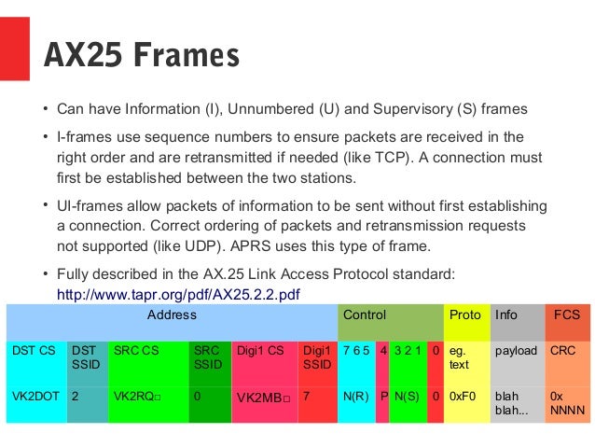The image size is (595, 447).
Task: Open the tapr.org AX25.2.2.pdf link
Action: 179,294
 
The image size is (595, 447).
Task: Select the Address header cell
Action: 172,314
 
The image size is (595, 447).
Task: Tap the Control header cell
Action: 365,314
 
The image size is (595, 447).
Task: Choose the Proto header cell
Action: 465,314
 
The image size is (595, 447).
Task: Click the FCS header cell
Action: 567,314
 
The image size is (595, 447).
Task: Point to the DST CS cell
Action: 33,351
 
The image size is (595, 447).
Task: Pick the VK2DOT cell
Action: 35,396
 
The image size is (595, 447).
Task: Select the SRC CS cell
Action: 136,351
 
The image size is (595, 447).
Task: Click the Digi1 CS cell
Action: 260,351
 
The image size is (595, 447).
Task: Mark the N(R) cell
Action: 354,396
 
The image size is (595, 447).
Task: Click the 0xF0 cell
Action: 463,396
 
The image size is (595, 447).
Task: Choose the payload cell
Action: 516,351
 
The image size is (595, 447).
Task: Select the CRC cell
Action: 562,351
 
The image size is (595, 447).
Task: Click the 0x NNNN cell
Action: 566,403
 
